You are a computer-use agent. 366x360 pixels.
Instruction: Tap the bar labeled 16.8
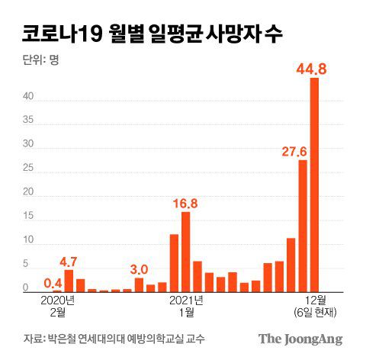point(185,252)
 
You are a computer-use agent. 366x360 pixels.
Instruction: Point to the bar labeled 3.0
point(139,284)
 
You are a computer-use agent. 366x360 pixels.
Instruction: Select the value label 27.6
point(294,151)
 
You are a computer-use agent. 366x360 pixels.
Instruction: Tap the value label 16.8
point(185,203)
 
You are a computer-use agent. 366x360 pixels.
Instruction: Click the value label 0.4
point(53,281)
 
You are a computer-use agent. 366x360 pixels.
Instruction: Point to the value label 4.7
point(69,261)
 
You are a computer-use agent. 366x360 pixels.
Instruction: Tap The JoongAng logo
point(300,339)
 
